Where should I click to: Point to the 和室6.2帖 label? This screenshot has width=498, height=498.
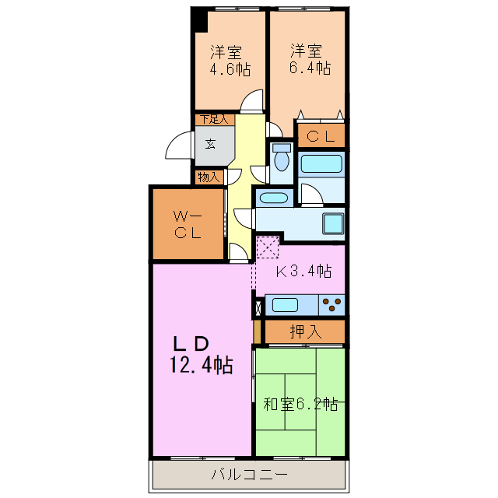[x=300, y=405]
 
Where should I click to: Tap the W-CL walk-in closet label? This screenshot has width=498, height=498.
[x=188, y=223]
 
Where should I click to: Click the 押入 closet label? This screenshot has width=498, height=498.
[x=306, y=331]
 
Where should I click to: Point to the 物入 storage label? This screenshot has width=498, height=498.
[x=209, y=177]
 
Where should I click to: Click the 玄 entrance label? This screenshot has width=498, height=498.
[x=211, y=143]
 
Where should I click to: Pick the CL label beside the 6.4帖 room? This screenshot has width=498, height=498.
[x=320, y=136]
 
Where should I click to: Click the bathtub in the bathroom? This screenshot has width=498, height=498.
[x=322, y=163]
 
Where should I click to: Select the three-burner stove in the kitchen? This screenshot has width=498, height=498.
[x=333, y=304]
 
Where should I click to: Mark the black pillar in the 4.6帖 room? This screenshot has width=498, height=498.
[x=200, y=20]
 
